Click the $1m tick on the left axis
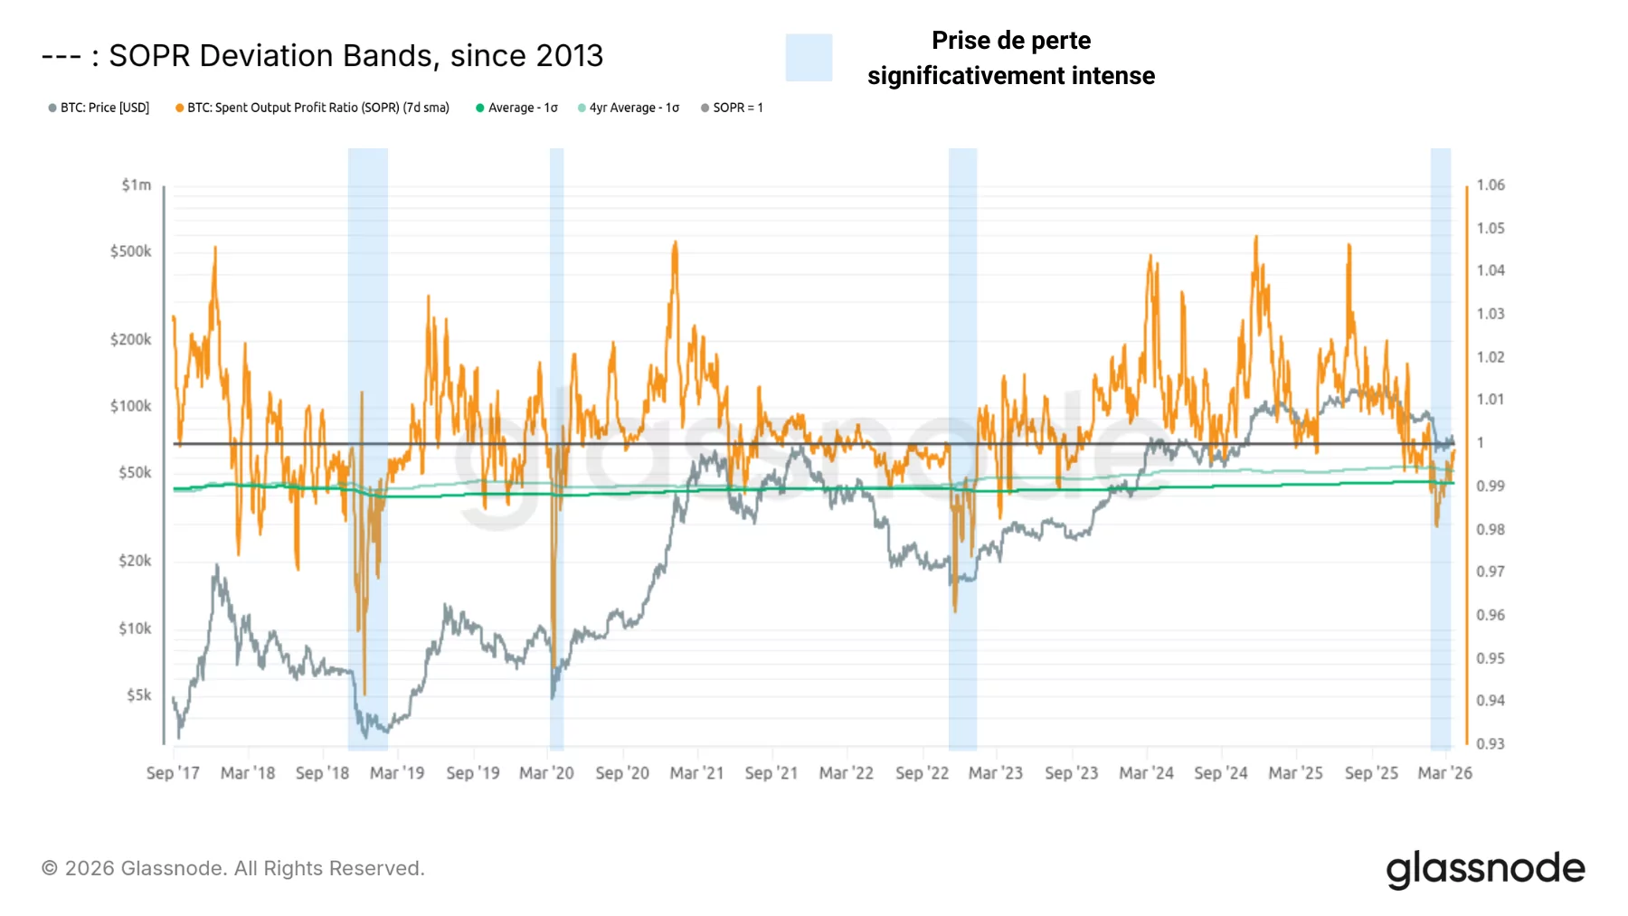136,185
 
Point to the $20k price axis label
135,561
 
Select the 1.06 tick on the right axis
1490,185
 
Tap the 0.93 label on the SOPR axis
1490,743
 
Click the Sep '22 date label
922,773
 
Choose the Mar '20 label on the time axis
546,773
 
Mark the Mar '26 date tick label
1444,773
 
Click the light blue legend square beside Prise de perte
809,58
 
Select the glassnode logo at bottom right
1485,869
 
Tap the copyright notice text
233,868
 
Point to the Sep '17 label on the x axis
173,773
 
